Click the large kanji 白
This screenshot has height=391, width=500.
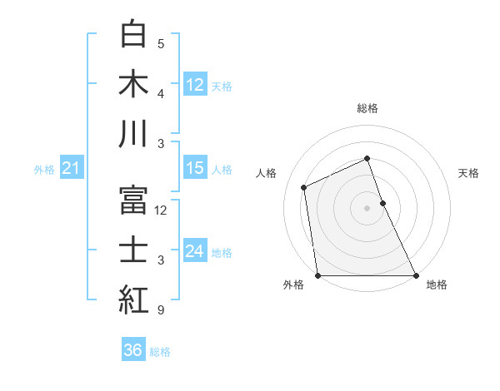coord(134,34)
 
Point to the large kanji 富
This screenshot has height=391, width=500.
coord(134,200)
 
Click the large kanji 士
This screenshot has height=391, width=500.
coord(134,250)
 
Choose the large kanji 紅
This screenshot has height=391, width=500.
coord(134,299)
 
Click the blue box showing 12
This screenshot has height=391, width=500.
coord(195,84)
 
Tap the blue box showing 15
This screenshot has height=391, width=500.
coord(195,168)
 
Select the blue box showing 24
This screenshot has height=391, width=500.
coord(195,251)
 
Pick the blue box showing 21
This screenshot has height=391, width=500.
coord(72,169)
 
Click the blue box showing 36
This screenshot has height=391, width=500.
coord(133,350)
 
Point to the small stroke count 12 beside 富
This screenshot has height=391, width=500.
coord(162,210)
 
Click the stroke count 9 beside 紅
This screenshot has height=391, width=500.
coord(160,310)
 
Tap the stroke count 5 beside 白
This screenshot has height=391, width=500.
coord(160,44)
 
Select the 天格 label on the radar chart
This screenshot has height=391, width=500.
coord(469,173)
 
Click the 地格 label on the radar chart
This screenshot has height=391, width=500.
coord(437,285)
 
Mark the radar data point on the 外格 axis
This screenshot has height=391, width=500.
coord(317,275)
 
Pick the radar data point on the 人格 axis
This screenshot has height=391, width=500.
coord(304,187)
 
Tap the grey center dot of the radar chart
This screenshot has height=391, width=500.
coord(367,208)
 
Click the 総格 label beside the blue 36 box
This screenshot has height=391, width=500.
coord(160,351)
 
